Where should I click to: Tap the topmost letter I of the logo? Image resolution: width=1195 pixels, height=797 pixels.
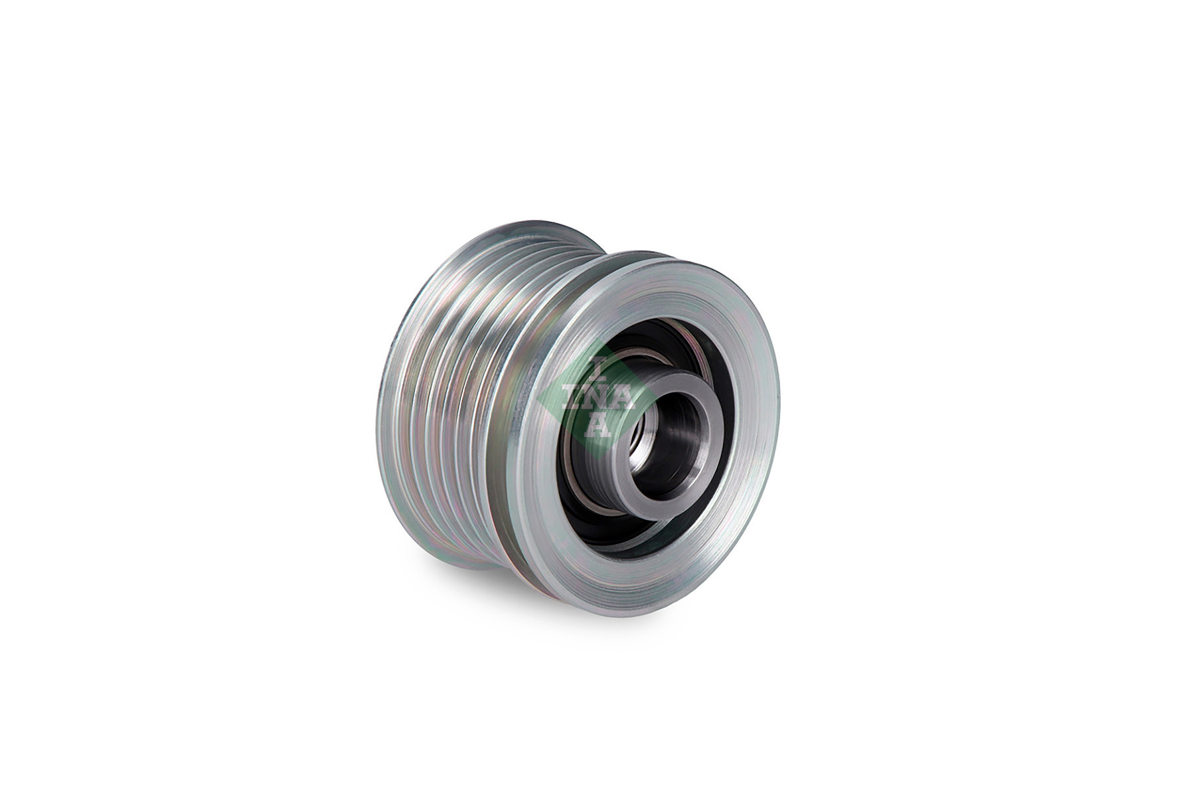(596, 367)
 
